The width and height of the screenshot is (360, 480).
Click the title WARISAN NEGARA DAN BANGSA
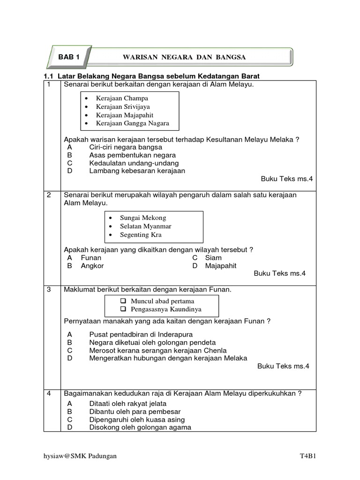tap(184, 57)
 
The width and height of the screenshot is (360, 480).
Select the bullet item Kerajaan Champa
tap(122, 98)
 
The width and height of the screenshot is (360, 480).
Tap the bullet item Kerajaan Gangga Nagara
tap(132, 124)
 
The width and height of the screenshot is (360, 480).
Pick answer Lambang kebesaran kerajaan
tap(137, 171)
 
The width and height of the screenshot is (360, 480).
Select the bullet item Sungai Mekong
tap(143, 218)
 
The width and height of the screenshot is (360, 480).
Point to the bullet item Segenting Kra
tap(141, 235)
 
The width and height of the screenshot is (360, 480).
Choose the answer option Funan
tap(91, 258)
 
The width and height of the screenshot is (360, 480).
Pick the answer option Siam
tap(213, 258)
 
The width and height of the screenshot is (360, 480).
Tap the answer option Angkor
tap(92, 266)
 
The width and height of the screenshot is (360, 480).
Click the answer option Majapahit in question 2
tap(221, 266)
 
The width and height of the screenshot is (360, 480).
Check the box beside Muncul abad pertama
tap(123, 301)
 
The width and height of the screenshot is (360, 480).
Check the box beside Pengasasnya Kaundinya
tap(123, 309)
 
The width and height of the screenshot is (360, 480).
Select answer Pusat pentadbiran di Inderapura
tap(141, 335)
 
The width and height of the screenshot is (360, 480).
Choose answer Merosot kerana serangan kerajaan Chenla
tap(157, 351)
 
